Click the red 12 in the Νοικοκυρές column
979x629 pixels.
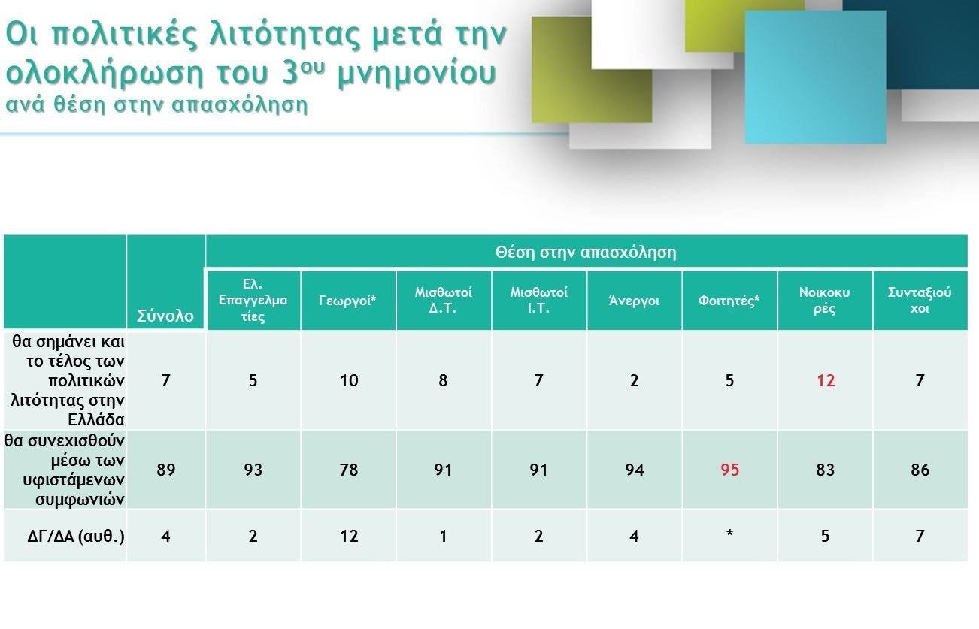[826, 380]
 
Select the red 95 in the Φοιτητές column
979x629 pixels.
[729, 470]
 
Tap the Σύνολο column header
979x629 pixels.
[165, 316]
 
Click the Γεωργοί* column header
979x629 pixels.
[347, 301]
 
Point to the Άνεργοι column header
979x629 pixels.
[634, 301]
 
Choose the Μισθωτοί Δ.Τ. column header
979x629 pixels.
[443, 300]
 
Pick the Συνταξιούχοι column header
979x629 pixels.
[920, 300]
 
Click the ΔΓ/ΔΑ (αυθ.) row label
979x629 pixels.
[76, 536]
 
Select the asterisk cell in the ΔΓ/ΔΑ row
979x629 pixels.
[729, 534]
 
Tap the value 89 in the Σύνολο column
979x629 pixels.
[165, 470]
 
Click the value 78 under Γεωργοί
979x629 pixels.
[349, 470]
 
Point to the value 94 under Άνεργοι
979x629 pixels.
[634, 470]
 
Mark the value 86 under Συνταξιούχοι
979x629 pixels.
[920, 470]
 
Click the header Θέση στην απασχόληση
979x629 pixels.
[586, 252]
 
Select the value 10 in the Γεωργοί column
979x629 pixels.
[349, 380]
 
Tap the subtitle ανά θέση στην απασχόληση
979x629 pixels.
[156, 105]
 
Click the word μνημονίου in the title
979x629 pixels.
[417, 74]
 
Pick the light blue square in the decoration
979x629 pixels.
[816, 77]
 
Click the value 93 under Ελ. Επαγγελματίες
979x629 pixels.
[253, 470]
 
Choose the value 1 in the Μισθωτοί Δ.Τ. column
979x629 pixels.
[443, 536]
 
